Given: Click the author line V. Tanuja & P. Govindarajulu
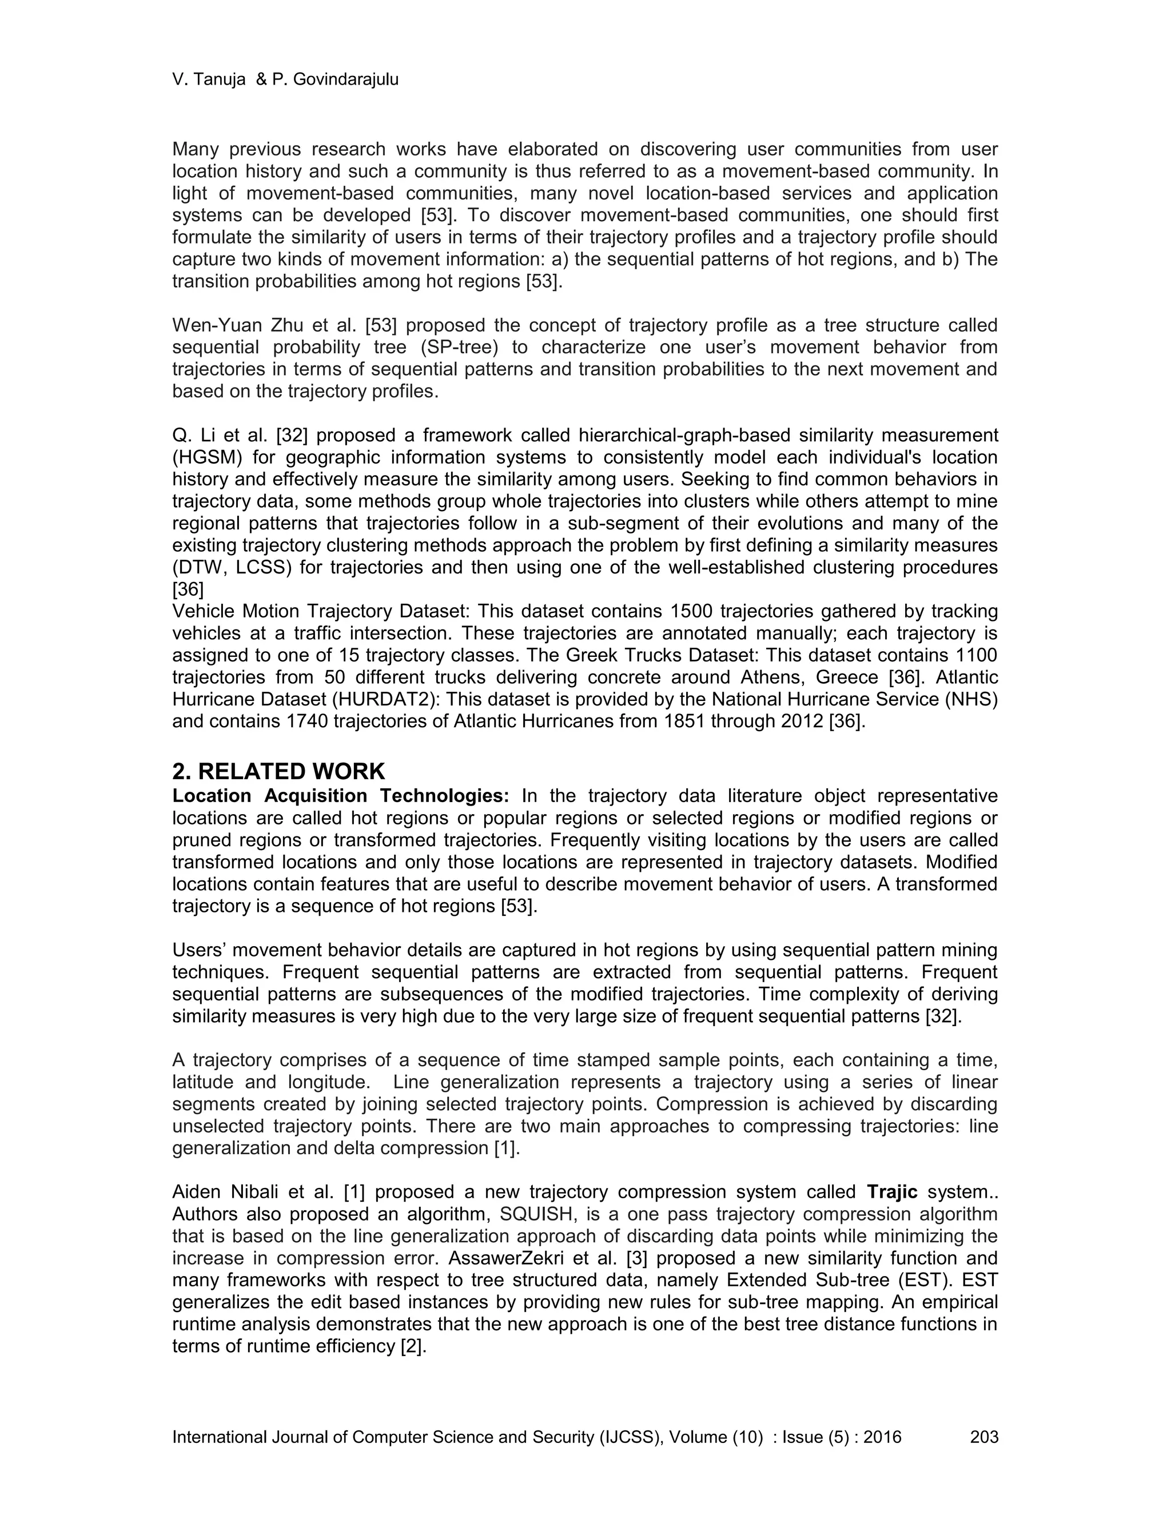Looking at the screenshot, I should [x=285, y=80].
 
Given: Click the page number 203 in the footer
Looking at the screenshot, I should [x=983, y=1437].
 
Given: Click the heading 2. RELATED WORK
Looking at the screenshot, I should [x=278, y=771].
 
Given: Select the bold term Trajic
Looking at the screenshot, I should [x=892, y=1193].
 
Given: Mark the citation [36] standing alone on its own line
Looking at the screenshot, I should [x=188, y=589].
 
